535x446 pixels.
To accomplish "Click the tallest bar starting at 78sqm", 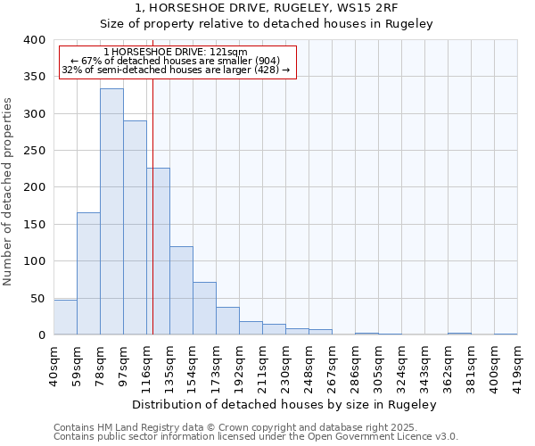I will pyautogui.click(x=111, y=212).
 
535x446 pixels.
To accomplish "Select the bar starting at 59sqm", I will pyautogui.click(x=88, y=274).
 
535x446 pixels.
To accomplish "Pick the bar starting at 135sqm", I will pyautogui.click(x=181, y=291).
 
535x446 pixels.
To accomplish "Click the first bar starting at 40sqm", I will pyautogui.click(x=65, y=318).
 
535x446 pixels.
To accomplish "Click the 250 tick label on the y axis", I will pyautogui.click(x=34, y=151).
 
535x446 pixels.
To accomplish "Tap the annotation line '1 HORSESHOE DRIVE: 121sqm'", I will pyautogui.click(x=176, y=52).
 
